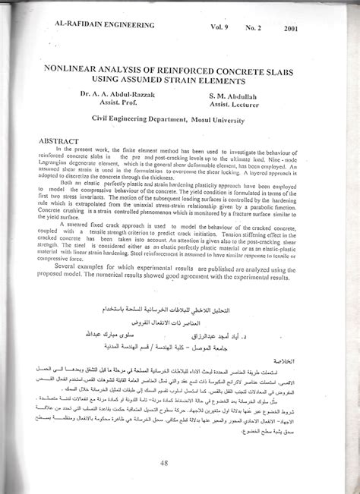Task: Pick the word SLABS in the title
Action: (298, 68)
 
